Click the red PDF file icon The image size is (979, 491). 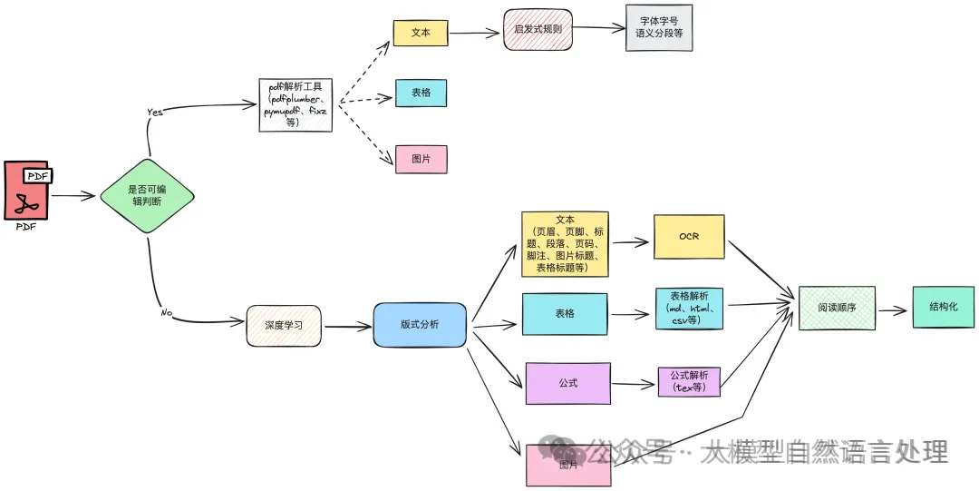click(x=26, y=191)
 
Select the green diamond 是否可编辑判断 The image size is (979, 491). click(x=146, y=195)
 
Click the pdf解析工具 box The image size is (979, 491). click(x=296, y=104)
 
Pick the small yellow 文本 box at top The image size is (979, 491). click(x=421, y=33)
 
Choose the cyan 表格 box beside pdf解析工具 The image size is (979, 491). click(x=421, y=93)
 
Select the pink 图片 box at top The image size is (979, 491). click(x=421, y=159)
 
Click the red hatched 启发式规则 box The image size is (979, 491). click(x=538, y=29)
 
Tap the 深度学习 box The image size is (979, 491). click(x=284, y=326)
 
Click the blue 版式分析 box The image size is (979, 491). click(x=420, y=324)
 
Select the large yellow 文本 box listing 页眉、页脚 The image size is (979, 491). click(x=565, y=244)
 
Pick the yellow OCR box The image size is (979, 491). click(x=689, y=237)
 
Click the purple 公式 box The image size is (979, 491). click(x=567, y=383)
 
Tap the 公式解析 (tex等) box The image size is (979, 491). click(x=689, y=381)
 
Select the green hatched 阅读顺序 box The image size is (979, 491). click(x=836, y=308)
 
